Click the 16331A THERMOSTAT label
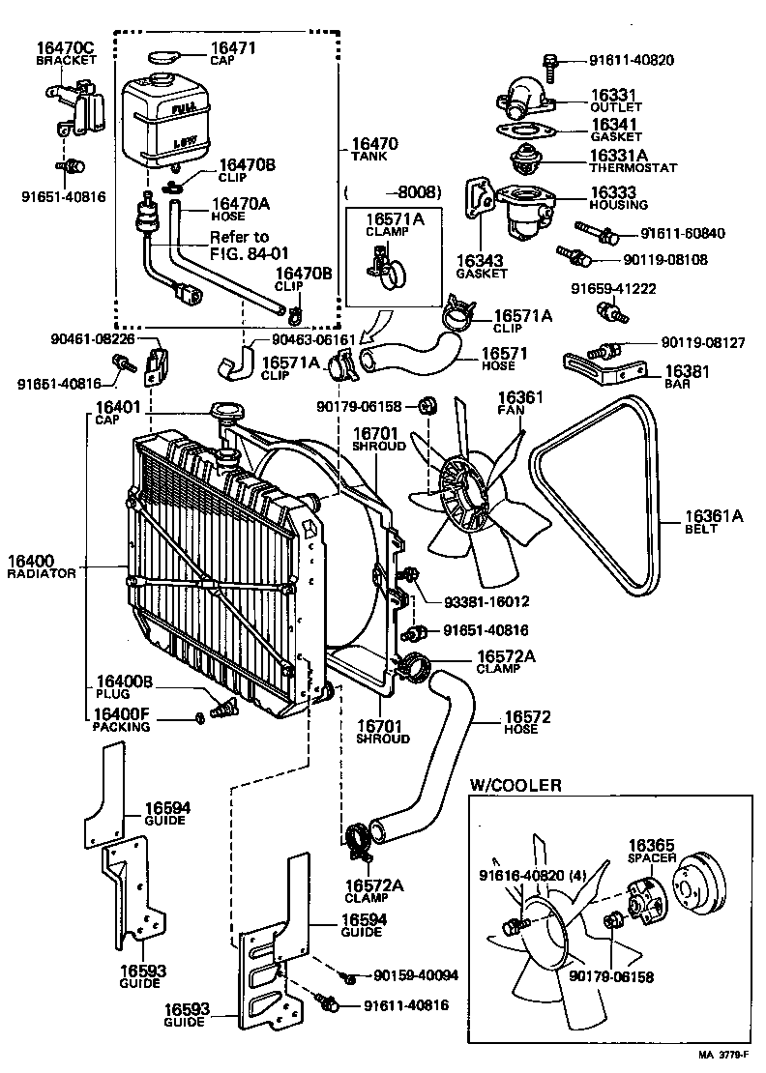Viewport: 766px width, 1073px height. tap(633, 159)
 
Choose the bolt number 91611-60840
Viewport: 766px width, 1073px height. tap(682, 233)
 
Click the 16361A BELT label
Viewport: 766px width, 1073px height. tap(714, 522)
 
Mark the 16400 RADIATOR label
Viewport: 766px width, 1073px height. tap(41, 566)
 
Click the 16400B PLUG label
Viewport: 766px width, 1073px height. tap(124, 687)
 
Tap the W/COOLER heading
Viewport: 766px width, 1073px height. tap(515, 785)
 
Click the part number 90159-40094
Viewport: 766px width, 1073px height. tap(404, 977)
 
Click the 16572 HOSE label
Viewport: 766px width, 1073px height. tap(526, 723)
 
